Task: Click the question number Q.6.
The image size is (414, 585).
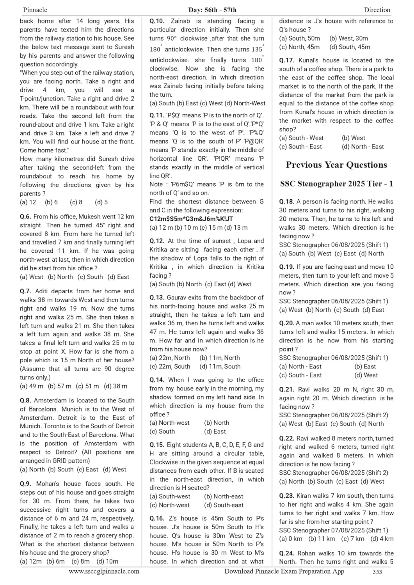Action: click(26, 216)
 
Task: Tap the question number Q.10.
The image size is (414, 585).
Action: click(157, 21)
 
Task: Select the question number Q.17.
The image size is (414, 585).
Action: click(286, 60)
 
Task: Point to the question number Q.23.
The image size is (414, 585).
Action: click(286, 496)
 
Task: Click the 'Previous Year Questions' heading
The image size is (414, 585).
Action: click(336, 165)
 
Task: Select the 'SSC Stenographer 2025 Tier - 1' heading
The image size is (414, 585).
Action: click(336, 184)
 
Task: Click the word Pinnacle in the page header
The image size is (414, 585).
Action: click(35, 10)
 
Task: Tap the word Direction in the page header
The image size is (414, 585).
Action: click(377, 10)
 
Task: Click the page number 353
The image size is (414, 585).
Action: click(377, 572)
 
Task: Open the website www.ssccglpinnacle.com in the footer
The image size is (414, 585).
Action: click(104, 571)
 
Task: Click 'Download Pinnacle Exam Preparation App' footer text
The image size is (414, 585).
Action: click(284, 571)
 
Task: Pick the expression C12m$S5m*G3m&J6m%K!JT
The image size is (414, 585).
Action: click(191, 219)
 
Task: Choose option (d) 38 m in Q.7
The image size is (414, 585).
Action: click(115, 386)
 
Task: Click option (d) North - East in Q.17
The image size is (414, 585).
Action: click(363, 147)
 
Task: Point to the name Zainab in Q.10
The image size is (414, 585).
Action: click(180, 21)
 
